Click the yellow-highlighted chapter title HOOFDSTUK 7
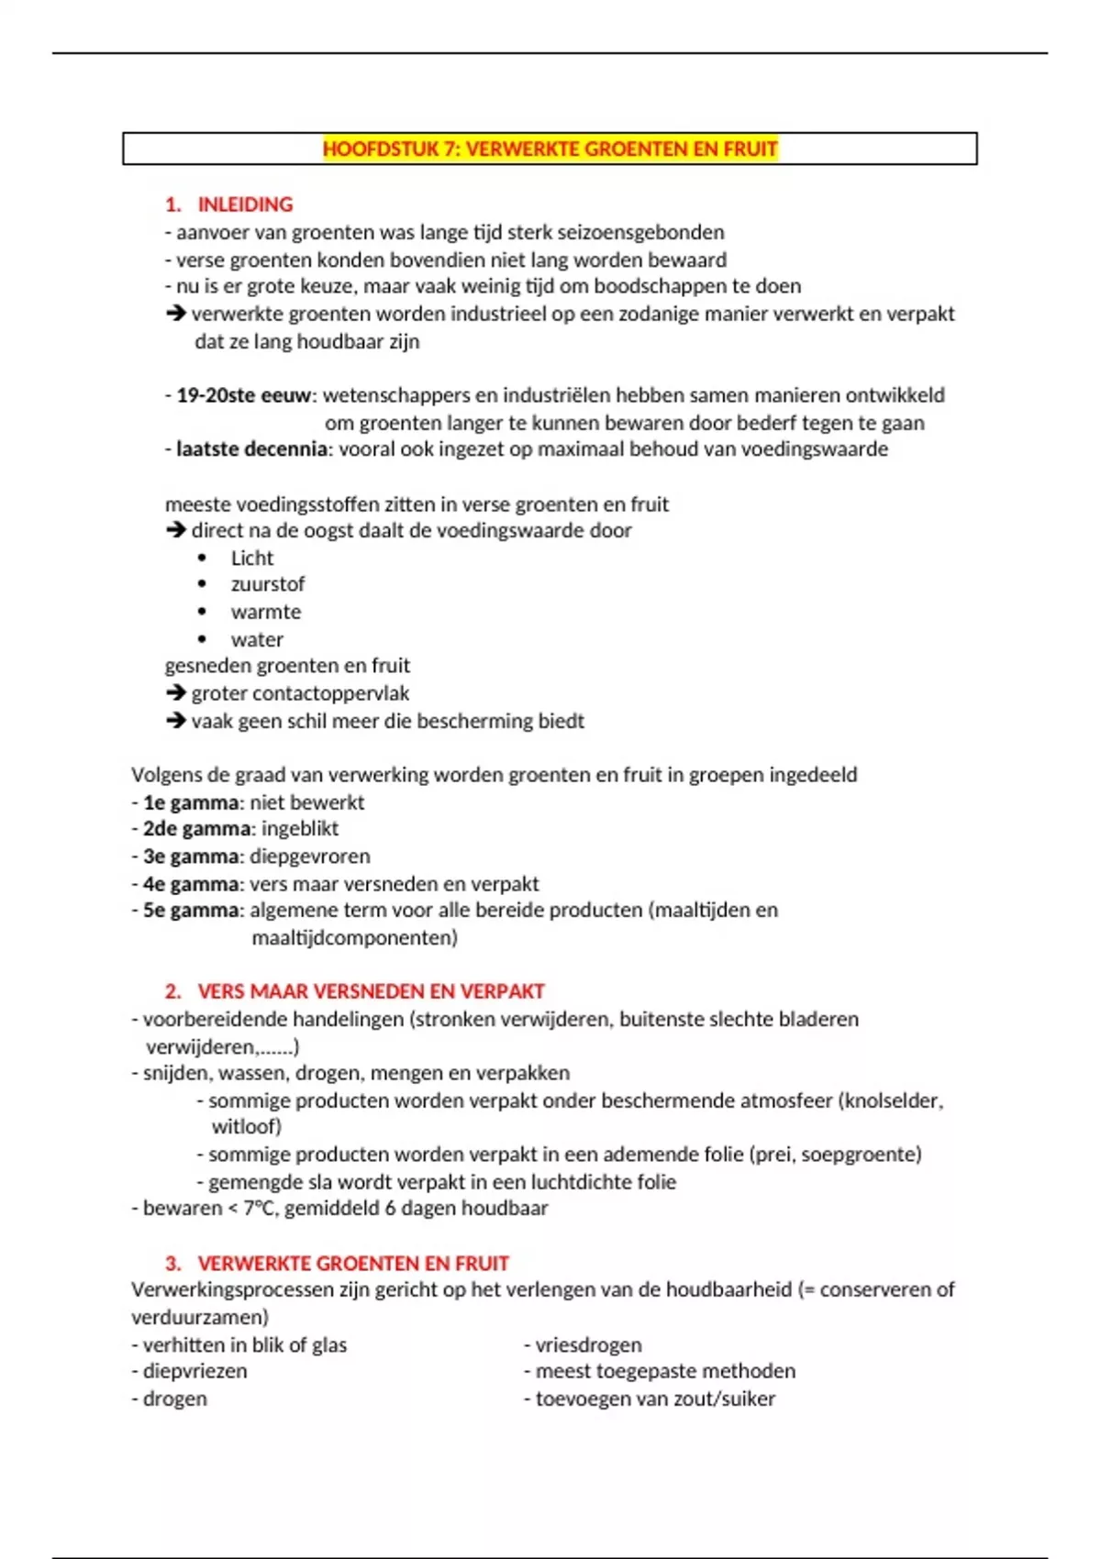click(550, 149)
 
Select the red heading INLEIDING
click(245, 205)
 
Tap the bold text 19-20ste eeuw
click(244, 395)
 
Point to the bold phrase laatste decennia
click(251, 449)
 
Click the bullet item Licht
click(252, 558)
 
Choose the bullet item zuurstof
click(267, 584)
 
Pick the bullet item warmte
click(265, 612)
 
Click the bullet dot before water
click(202, 639)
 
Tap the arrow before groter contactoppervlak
click(176, 693)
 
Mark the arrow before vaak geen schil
click(176, 721)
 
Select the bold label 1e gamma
click(191, 802)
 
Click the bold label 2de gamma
click(196, 829)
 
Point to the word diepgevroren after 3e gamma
click(310, 857)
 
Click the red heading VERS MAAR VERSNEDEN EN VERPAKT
click(371, 991)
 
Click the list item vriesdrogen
click(588, 1345)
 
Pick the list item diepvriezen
click(195, 1372)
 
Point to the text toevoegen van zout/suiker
click(655, 1399)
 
